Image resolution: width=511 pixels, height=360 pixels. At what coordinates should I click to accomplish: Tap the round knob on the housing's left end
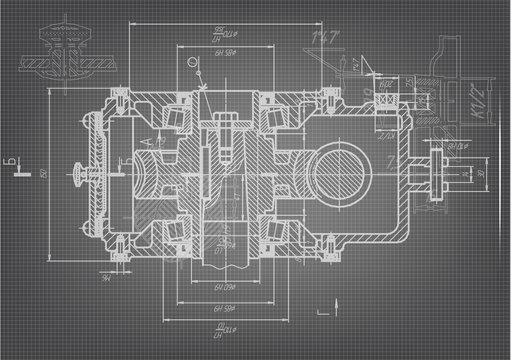pyautogui.click(x=78, y=181)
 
